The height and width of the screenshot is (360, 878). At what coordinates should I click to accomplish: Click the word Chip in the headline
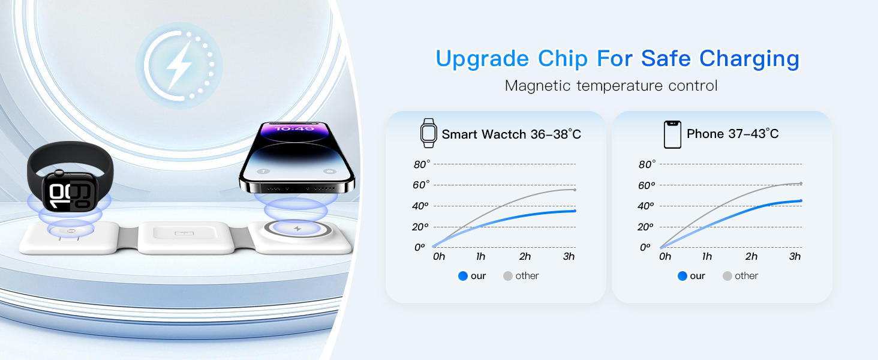tap(563, 59)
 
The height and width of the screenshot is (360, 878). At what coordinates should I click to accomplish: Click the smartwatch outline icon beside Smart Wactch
tap(428, 133)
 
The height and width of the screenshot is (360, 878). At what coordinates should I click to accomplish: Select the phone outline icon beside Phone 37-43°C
tap(672, 134)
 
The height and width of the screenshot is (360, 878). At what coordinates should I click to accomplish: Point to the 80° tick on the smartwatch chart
tap(422, 164)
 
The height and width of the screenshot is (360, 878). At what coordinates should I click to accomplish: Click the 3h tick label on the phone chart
tap(795, 256)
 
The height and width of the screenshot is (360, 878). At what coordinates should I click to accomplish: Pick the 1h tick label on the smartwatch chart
tap(480, 256)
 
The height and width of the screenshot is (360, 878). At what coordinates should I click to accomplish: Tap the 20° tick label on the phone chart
tap(645, 227)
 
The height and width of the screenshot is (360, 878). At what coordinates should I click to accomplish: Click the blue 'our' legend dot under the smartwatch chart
tap(463, 276)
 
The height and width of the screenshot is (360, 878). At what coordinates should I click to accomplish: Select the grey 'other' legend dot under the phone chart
tap(727, 276)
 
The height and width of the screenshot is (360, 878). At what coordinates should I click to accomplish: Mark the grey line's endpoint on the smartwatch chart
tap(575, 190)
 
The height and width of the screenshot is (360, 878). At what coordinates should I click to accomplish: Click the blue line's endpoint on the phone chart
tap(801, 201)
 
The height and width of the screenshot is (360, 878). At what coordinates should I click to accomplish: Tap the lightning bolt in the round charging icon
tap(179, 65)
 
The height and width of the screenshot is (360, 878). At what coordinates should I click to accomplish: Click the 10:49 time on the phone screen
tap(294, 128)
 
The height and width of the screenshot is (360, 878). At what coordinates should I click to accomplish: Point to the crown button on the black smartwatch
tap(59, 173)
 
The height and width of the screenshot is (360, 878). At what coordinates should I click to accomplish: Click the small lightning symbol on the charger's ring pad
tap(297, 228)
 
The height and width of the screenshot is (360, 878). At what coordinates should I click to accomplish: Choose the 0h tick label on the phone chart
tap(664, 256)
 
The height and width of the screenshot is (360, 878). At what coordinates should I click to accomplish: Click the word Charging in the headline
tap(749, 59)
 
